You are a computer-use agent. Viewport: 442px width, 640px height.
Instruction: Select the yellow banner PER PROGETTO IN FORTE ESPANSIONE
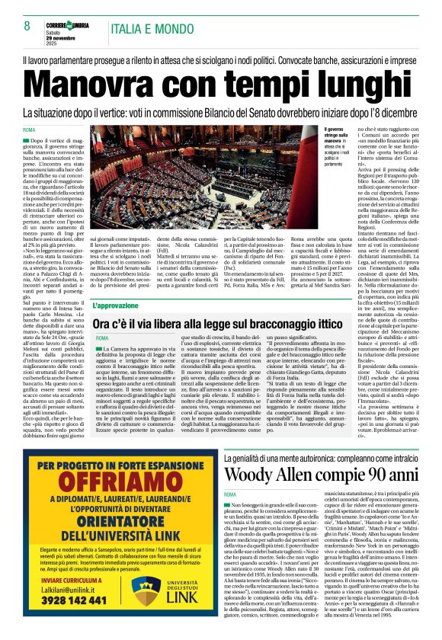click(x=113, y=444)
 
